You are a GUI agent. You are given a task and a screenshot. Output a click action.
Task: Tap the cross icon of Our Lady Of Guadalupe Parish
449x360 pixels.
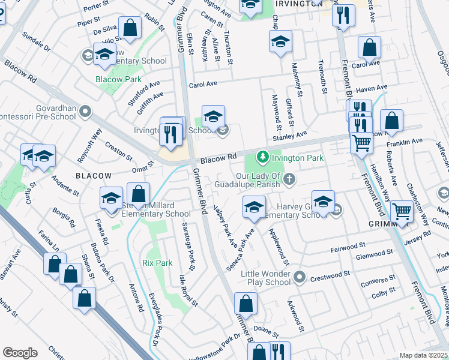tap(289, 179)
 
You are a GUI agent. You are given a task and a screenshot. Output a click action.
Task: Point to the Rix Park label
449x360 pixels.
tap(157, 263)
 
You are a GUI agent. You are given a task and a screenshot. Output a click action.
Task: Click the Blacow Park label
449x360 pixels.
tap(118, 79)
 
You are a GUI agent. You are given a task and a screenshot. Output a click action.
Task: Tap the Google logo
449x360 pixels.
tap(20, 353)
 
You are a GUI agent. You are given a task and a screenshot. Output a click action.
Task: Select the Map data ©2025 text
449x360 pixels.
tap(423, 355)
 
